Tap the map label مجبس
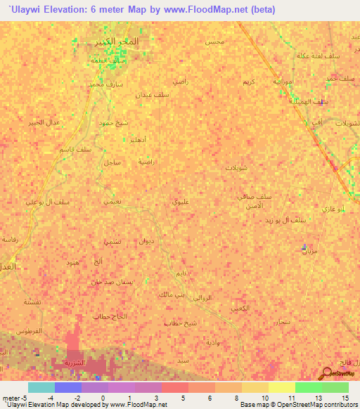pos(215,43)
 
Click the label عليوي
pos(180,202)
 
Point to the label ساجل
pos(111,162)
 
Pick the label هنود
pos(72,262)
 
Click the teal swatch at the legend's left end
pos(41,387)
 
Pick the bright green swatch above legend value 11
pos(309,387)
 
